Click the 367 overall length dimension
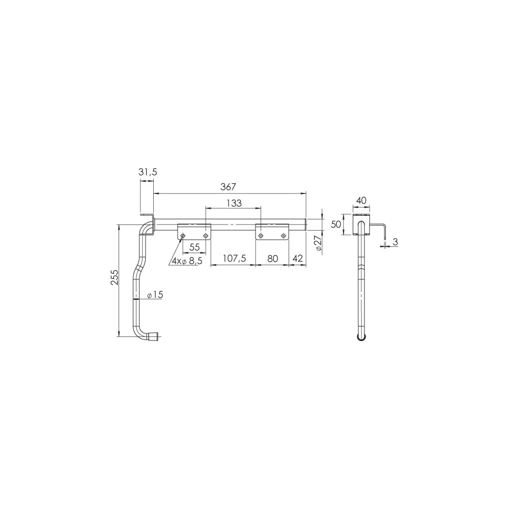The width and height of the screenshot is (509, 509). [x=229, y=187]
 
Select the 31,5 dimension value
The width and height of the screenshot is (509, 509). [x=148, y=172]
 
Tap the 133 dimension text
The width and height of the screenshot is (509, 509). [x=234, y=203]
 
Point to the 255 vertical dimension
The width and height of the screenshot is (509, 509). [x=114, y=277]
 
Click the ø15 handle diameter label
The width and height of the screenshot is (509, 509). [x=155, y=295]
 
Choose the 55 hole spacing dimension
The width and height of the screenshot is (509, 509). [x=194, y=247]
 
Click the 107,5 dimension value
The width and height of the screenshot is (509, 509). [x=234, y=259]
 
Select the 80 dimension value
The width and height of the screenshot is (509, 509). [x=273, y=259]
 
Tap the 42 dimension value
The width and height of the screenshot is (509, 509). [x=298, y=259]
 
